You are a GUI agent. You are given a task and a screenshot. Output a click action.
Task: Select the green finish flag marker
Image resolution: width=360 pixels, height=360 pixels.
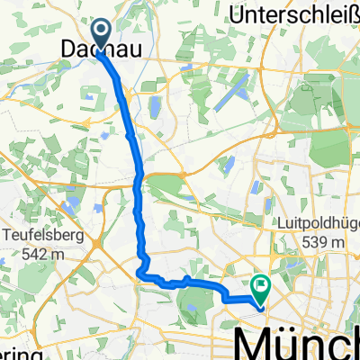pos(262,287)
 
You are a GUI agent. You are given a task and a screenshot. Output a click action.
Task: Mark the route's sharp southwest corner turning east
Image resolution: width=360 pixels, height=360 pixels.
pos(139,273)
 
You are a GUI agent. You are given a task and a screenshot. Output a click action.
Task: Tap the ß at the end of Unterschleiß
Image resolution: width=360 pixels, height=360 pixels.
pos(353,14)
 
